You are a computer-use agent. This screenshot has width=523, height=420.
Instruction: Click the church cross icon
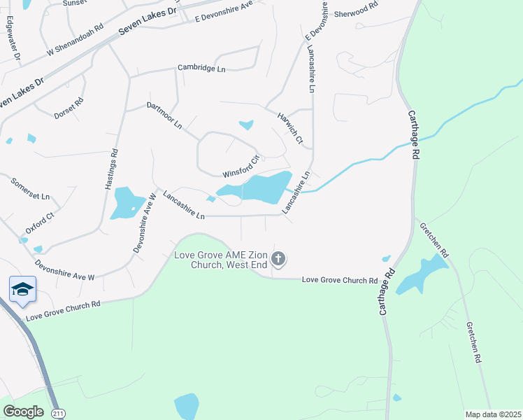tap(278, 260)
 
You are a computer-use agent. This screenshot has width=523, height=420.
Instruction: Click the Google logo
tap(23, 412)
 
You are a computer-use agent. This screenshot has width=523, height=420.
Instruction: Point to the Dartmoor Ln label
tap(164, 115)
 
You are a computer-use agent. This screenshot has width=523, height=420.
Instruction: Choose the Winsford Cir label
tap(241, 166)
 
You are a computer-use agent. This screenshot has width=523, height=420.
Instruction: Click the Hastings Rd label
tap(113, 170)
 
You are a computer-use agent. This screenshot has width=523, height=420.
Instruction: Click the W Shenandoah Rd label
tap(75, 41)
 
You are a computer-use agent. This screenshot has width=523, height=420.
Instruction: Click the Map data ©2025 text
tap(492, 414)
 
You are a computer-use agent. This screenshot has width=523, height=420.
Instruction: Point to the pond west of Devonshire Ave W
tap(124, 202)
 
